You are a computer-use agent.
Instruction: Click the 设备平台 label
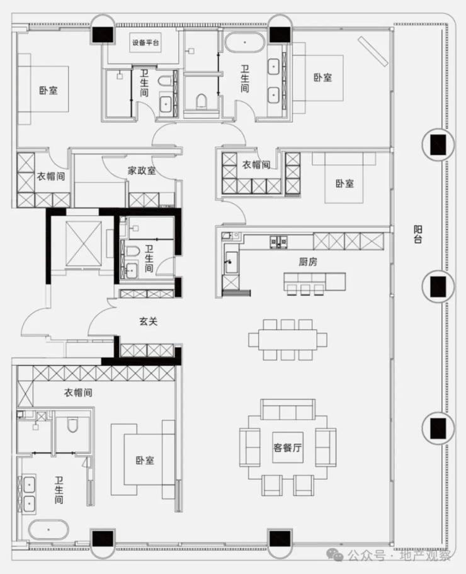145,42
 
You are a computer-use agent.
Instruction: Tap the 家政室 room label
142,170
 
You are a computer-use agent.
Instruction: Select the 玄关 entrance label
149,321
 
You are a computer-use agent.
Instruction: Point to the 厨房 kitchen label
308,261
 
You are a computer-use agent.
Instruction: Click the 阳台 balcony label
418,234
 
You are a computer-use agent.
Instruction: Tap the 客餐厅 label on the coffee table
288,447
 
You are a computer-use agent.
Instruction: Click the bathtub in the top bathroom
245,42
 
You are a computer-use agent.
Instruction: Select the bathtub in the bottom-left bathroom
48,529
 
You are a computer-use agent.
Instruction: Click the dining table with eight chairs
288,340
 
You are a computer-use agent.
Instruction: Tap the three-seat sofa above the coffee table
288,410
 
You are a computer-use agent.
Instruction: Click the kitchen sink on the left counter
231,261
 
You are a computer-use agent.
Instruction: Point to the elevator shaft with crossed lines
83,243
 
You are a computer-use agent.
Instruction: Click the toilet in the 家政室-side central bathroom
132,251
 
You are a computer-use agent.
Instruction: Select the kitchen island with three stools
315,282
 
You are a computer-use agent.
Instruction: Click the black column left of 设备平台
103,35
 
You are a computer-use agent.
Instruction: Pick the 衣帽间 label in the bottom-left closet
78,393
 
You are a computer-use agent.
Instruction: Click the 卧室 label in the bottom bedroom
145,460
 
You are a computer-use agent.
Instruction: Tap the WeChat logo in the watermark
334,555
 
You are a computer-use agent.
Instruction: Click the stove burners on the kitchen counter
279,241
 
